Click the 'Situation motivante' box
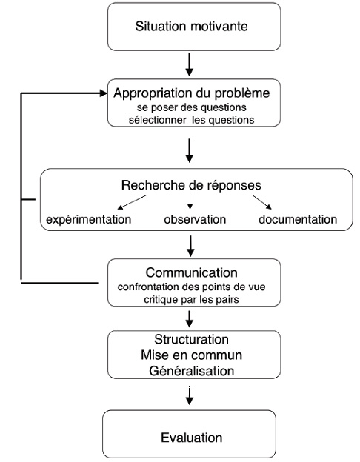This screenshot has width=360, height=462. tap(194, 27)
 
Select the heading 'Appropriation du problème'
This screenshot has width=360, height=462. tap(192, 93)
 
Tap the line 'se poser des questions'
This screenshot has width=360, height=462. tap(192, 107)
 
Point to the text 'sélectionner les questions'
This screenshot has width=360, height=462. tap(191, 120)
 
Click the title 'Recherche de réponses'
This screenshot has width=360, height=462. tap(191, 185)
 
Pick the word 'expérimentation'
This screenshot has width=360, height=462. tap(89, 220)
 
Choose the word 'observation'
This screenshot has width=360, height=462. tap(195, 219)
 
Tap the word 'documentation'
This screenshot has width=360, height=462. tap(298, 219)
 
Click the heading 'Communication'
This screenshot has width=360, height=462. tap(191, 272)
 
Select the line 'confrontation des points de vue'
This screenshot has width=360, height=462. tap(191, 287)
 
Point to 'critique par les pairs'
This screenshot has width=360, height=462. tap(191, 299)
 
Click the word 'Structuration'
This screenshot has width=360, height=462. tap(191, 339)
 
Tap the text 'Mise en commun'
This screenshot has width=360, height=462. tap(191, 355)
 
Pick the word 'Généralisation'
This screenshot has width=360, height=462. tap(192, 371)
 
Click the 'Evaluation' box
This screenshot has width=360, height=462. tap(190, 434)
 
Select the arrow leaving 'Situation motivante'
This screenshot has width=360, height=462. tap(190, 64)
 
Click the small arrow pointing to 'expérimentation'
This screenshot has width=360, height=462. tap(132, 202)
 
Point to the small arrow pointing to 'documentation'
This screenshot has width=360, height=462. tap(261, 202)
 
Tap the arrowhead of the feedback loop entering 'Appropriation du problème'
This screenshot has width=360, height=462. tap(104, 93)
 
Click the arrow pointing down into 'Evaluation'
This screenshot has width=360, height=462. tap(190, 395)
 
